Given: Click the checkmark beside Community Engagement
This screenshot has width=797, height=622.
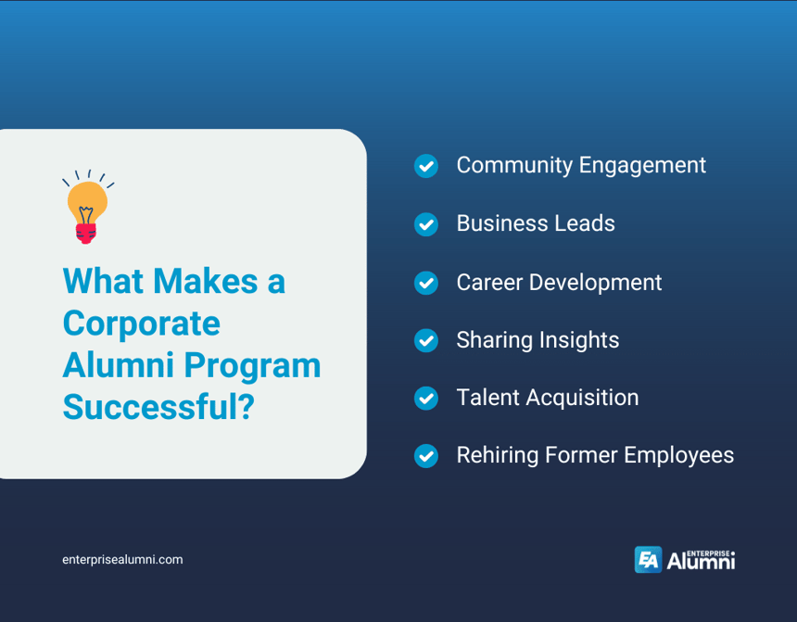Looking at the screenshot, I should click(x=425, y=166).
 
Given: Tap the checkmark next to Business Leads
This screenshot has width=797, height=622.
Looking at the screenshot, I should click(x=425, y=224).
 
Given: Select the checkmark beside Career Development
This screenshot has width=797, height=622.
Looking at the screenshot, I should click(x=425, y=283).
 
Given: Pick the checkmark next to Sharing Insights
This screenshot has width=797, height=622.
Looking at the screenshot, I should click(x=425, y=340).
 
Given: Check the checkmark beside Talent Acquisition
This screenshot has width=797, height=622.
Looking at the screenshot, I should click(x=425, y=399).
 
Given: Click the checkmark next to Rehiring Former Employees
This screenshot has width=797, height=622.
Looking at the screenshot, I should click(x=425, y=456).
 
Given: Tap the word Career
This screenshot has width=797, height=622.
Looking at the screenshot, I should click(x=487, y=282).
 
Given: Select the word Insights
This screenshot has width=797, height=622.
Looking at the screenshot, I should click(x=581, y=339).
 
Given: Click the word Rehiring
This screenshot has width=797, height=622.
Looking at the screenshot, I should click(x=498, y=455).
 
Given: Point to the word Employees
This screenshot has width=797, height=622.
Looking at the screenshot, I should click(x=678, y=455).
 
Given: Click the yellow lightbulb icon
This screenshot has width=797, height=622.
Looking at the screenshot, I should click(x=87, y=201).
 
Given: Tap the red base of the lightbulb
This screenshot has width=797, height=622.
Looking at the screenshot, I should click(x=86, y=232).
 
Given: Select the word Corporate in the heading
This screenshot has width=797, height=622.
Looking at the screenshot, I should click(x=141, y=324).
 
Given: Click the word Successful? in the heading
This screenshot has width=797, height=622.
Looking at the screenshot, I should click(x=158, y=407).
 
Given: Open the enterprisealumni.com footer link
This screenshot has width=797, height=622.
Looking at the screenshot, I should click(x=122, y=560).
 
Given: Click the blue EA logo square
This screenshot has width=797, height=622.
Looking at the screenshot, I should click(x=648, y=560).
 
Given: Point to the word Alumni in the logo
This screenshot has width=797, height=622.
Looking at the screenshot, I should click(x=700, y=562).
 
